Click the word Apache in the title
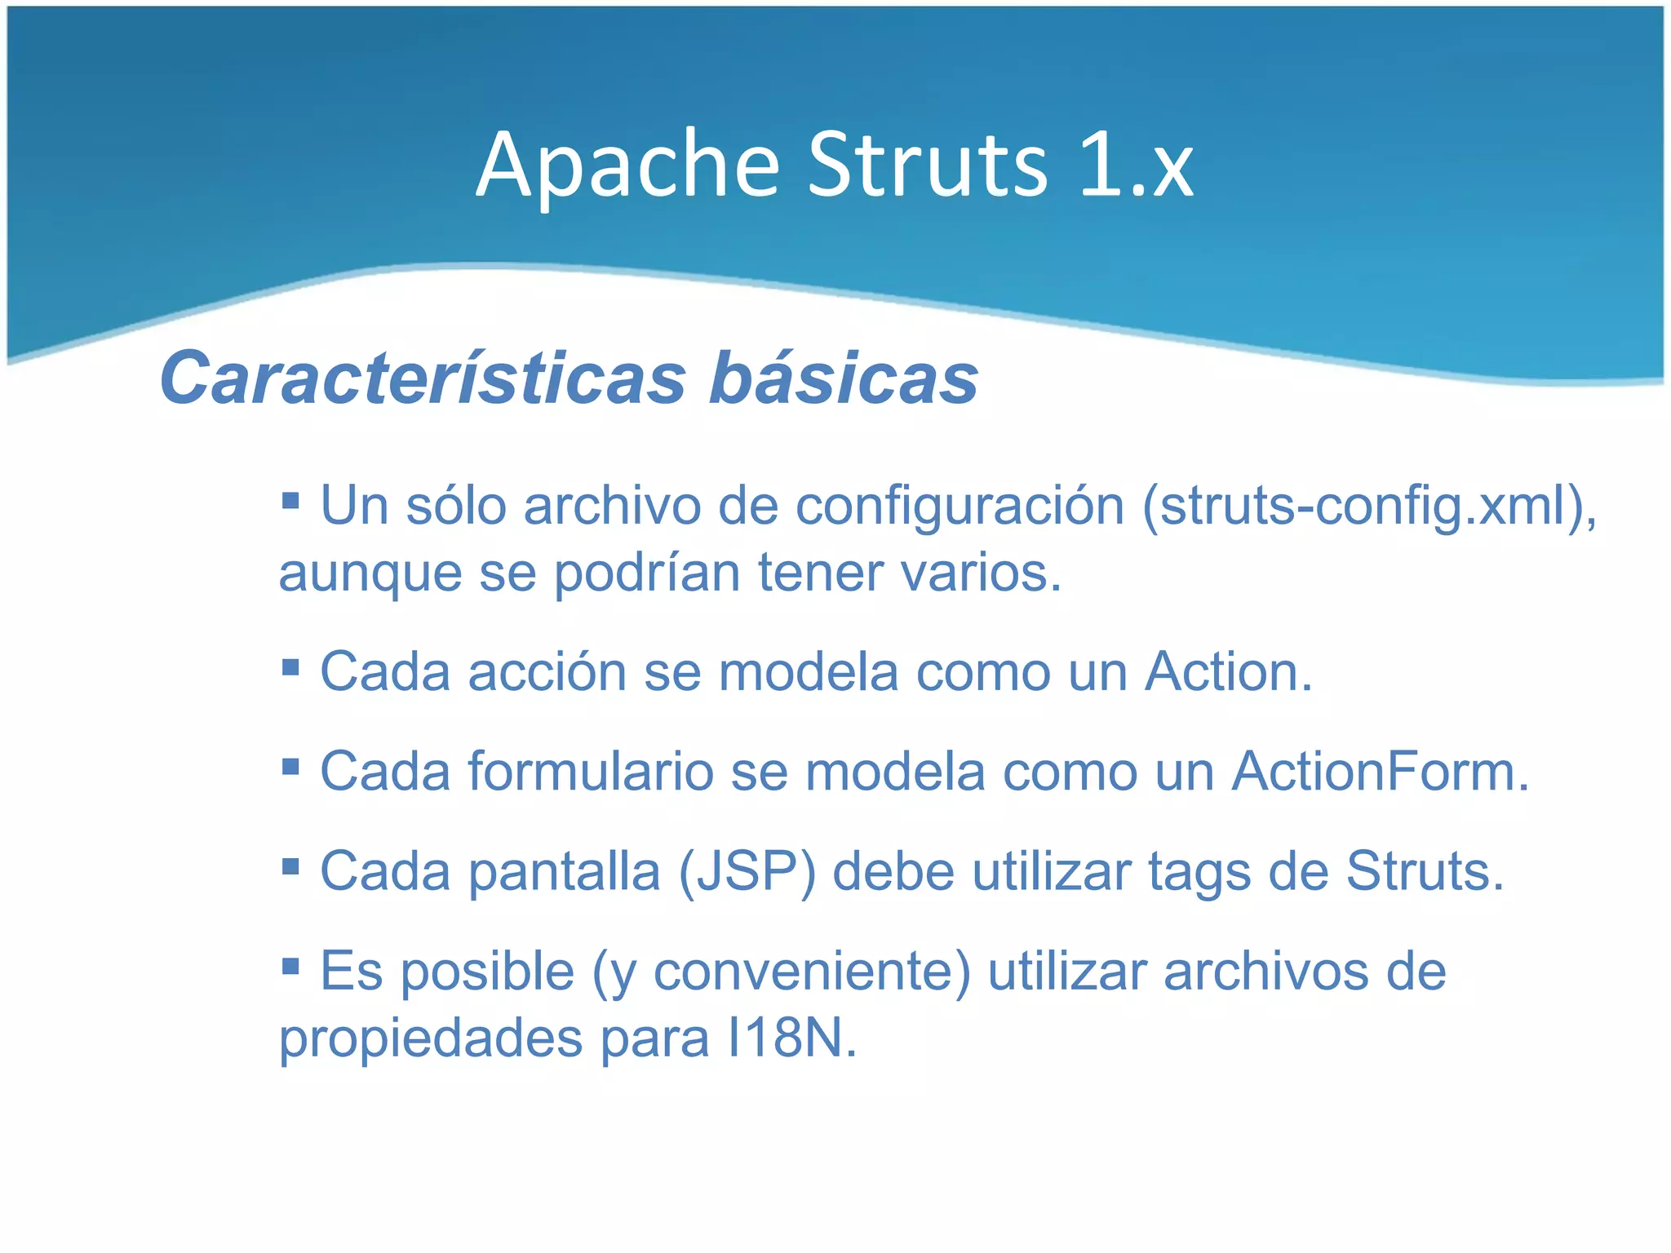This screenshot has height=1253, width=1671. coord(628,167)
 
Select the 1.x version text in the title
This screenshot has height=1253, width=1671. coord(1136,167)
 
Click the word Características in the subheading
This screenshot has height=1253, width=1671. coord(423,378)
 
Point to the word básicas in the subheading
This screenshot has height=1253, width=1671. coord(843,378)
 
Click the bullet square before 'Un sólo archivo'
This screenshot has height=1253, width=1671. coord(290,498)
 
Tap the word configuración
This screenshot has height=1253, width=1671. coord(960,507)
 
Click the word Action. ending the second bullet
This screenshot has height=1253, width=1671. coord(1228,673)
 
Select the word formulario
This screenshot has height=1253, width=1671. coord(591,772)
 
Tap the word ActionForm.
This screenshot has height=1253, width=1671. coord(1380,772)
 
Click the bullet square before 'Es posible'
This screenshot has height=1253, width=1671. coord(290,967)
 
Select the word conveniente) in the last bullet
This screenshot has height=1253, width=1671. coord(812,972)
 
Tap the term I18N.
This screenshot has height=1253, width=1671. coord(791,1038)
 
